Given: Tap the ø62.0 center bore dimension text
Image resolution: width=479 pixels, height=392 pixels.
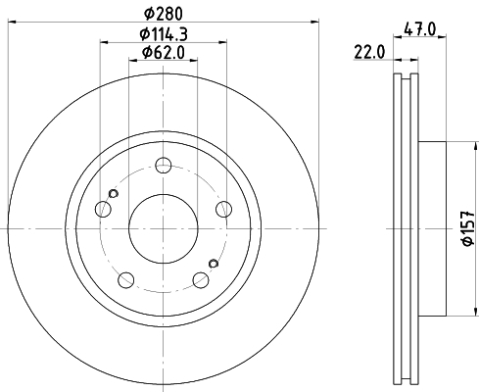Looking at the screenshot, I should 163,52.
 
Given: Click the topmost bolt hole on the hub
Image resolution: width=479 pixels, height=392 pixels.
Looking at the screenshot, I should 163,165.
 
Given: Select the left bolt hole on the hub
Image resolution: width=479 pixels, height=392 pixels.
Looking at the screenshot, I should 102,208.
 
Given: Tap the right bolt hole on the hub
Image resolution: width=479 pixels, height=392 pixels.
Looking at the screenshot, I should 223,208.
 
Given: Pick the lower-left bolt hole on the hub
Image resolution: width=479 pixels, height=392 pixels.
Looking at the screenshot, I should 125,278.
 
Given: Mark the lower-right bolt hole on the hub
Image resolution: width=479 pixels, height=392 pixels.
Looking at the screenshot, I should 200,278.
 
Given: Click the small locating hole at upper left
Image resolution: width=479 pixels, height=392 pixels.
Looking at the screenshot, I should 114,194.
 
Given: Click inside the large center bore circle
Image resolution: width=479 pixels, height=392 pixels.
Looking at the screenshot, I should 163,227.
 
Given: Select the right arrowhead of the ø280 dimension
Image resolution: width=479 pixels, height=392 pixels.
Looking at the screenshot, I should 315,20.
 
